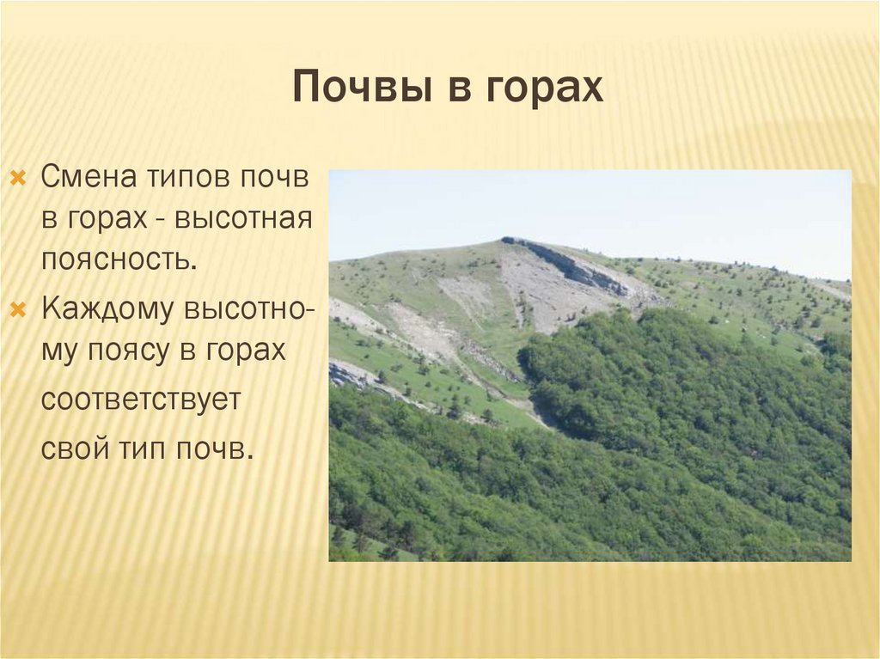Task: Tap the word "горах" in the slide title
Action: click(x=546, y=89)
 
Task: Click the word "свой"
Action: click(x=70, y=448)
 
